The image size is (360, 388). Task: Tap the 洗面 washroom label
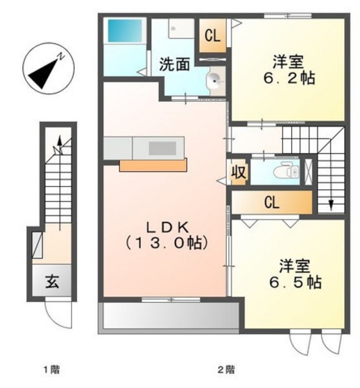click(175, 65)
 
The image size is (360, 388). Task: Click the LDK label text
click(167, 227)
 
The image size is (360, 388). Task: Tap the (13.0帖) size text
click(167, 243)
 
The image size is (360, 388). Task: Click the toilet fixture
click(284, 171)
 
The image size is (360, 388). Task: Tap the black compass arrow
click(42, 69)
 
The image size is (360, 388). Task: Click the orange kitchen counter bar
click(153, 165)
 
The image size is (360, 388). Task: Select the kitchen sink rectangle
click(162, 148)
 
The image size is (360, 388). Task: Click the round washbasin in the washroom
click(216, 78)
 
